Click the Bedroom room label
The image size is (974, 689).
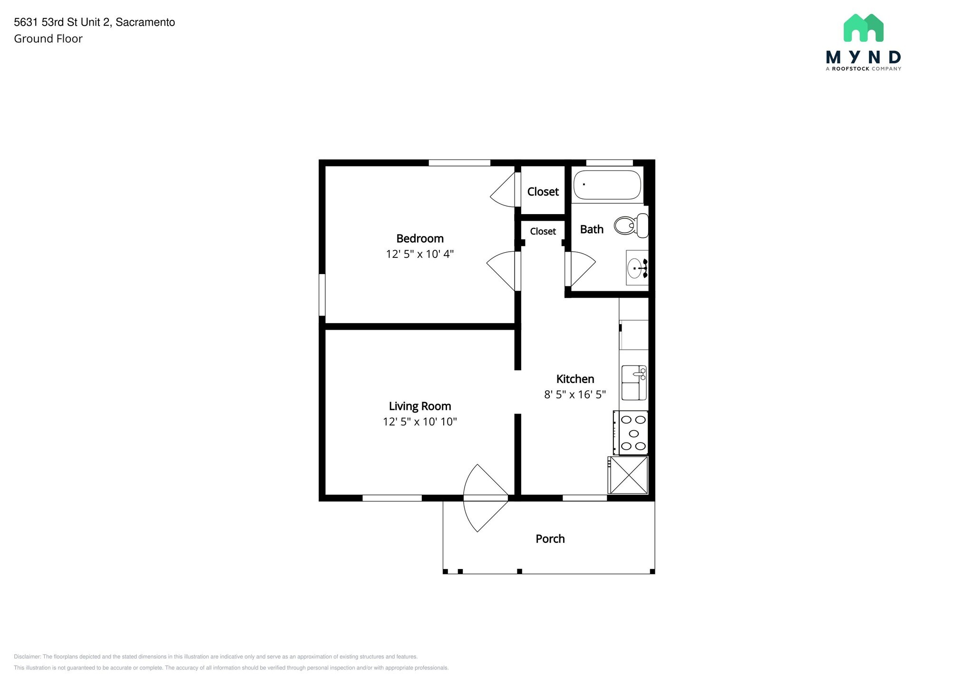[x=420, y=238]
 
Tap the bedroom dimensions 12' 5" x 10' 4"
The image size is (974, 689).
[x=420, y=254]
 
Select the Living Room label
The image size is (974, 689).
[x=420, y=406]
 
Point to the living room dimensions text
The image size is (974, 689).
[x=420, y=422]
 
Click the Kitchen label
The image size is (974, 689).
[x=575, y=379]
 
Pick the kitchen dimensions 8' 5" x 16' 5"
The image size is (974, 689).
[x=575, y=394]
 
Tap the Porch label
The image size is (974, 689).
[x=550, y=539]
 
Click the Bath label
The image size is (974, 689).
[x=592, y=229]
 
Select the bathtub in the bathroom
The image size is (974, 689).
[x=607, y=185]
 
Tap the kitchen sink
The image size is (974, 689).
[x=634, y=383]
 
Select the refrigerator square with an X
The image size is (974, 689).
[x=629, y=475]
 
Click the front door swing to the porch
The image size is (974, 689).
[x=486, y=498]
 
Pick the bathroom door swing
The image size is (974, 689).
[x=581, y=269]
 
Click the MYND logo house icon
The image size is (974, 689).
[x=864, y=28]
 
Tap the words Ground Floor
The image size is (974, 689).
[x=48, y=39]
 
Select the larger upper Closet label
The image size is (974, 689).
[x=543, y=192]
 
